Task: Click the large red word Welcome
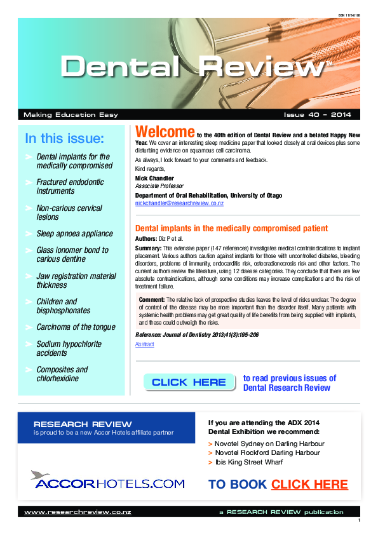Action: [x=165, y=132]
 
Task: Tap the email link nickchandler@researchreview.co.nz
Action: [x=179, y=203]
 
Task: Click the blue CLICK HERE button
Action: [x=189, y=382]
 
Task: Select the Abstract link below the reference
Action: [x=144, y=344]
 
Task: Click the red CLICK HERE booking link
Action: [x=309, y=485]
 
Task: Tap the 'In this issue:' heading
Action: [x=64, y=139]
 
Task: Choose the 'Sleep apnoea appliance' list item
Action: [x=74, y=234]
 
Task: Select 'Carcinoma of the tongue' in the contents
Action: [x=76, y=327]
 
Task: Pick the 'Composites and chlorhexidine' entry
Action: [x=62, y=374]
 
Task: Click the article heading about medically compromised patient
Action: [x=232, y=228]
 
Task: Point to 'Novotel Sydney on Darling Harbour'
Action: [x=269, y=444]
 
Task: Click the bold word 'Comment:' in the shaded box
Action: [x=151, y=298]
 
